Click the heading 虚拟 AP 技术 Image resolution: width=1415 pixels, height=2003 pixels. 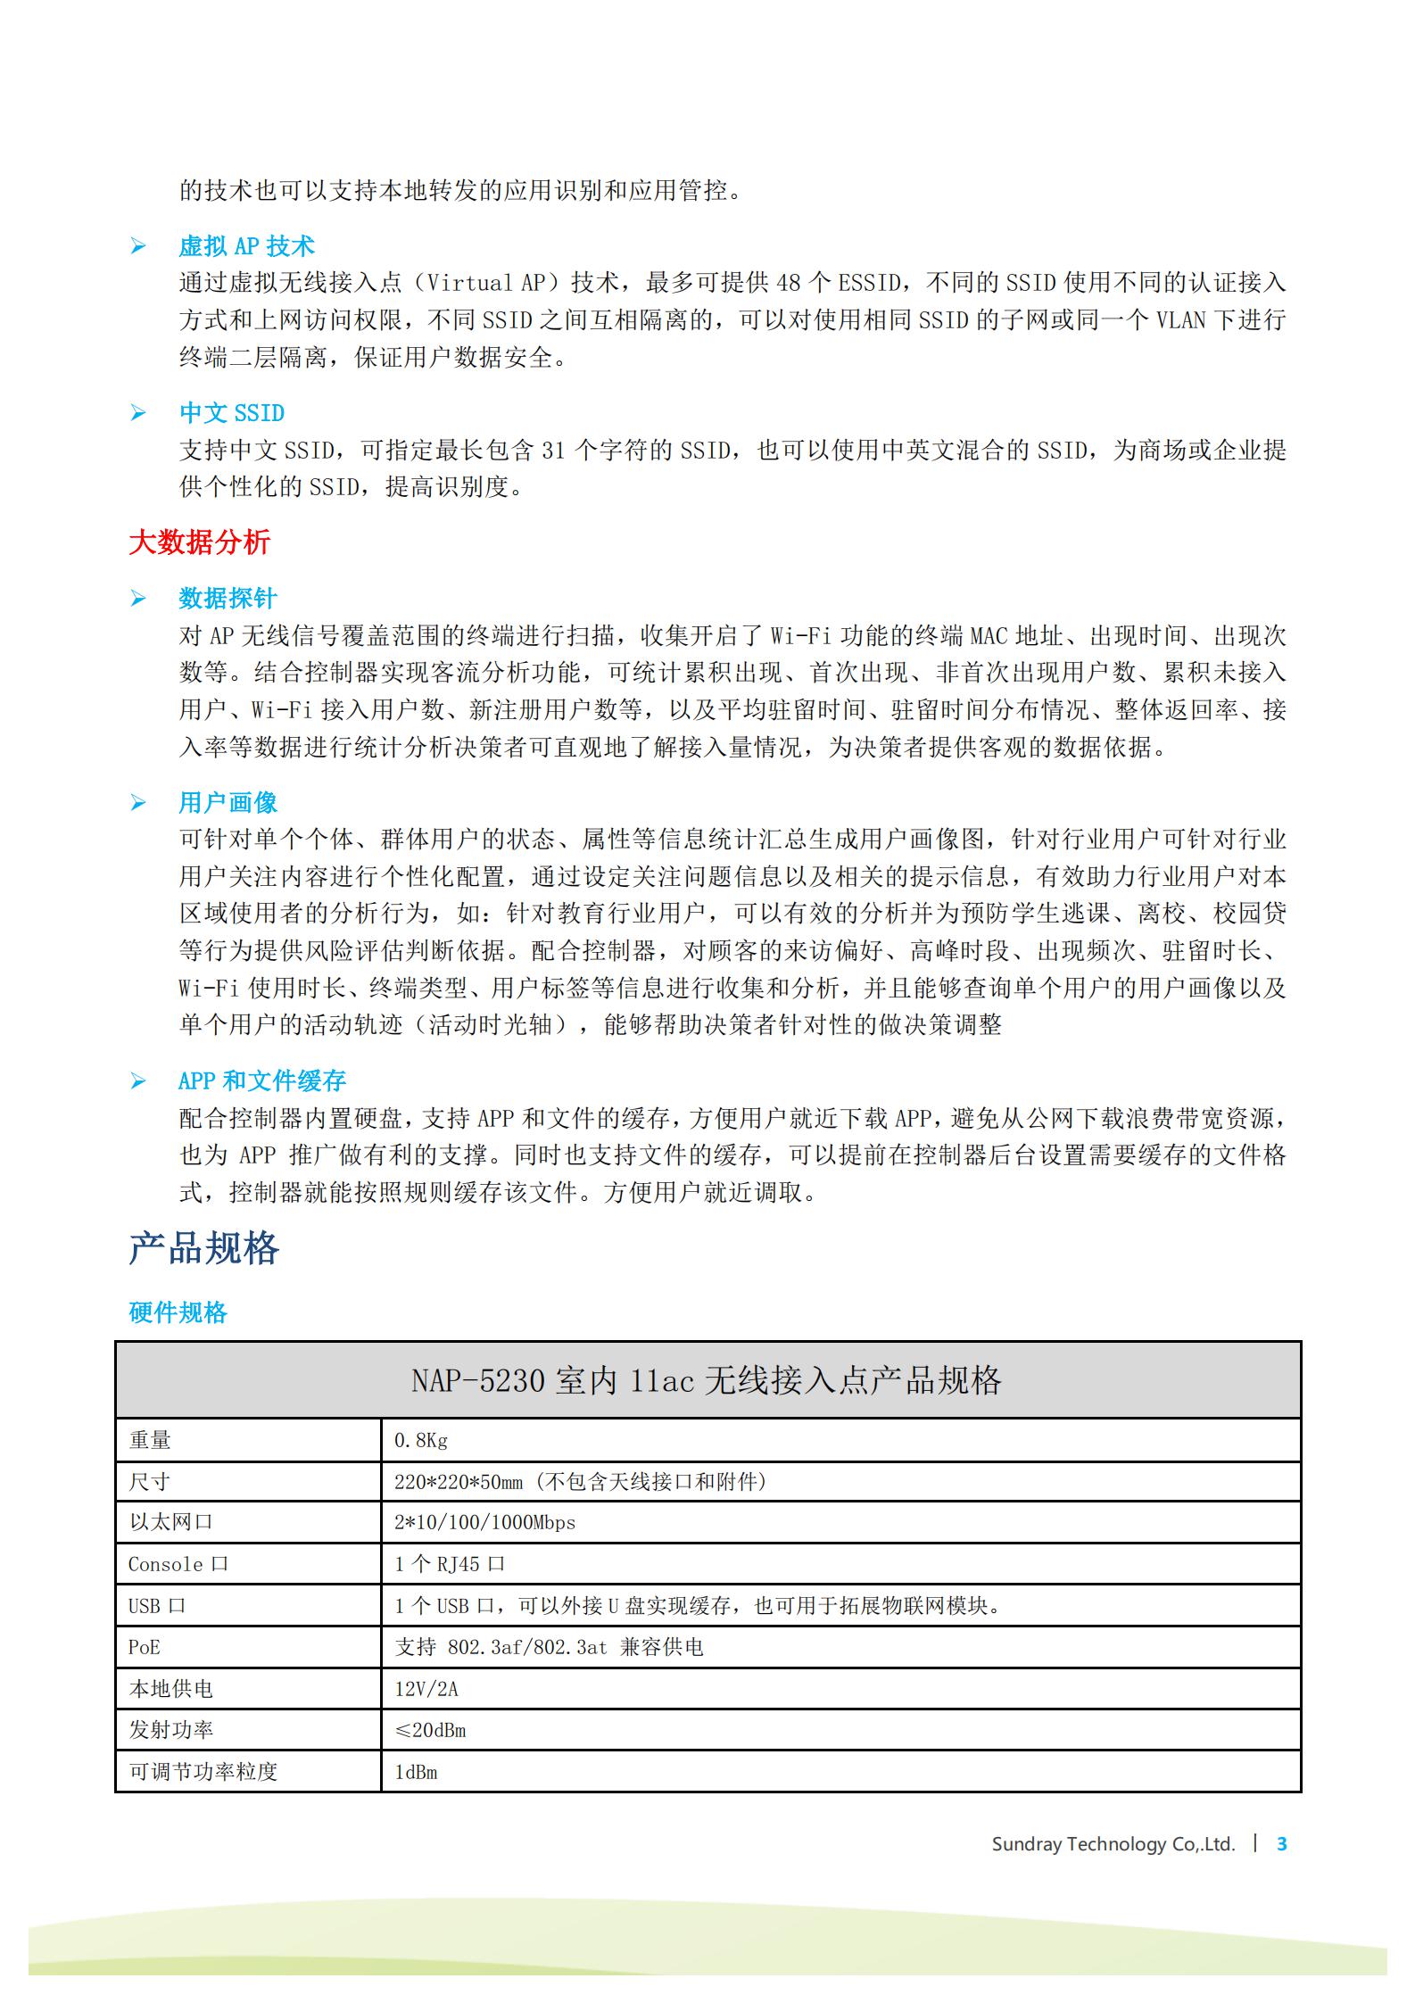tap(246, 245)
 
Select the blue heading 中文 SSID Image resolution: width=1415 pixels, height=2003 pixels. tap(232, 412)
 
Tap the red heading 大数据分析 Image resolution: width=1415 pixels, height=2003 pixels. tap(199, 542)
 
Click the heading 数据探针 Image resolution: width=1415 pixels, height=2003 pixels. tap(228, 598)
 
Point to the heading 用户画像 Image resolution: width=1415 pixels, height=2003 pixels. tap(228, 802)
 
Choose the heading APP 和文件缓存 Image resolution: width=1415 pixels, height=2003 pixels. tap(261, 1080)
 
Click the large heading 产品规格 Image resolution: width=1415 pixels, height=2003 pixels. tap(204, 1248)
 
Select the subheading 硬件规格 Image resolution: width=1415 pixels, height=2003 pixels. tap(178, 1312)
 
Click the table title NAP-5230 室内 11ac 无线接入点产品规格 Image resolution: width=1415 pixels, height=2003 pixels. tap(707, 1380)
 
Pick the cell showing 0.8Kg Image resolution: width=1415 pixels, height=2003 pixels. tap(421, 1440)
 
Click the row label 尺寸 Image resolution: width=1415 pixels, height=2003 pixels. tap(149, 1482)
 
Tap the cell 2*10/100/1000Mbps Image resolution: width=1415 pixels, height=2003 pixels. tap(484, 1522)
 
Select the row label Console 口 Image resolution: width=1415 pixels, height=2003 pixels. tap(178, 1564)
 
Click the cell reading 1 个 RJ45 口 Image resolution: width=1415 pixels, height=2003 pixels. tap(450, 1564)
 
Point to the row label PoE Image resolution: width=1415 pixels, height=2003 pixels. tap(145, 1647)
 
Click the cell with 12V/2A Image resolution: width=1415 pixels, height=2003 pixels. tap(426, 1689)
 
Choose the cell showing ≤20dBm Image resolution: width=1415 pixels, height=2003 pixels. tap(430, 1730)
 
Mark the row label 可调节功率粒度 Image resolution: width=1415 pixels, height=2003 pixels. tap(203, 1771)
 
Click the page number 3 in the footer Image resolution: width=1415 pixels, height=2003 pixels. tap(1282, 1862)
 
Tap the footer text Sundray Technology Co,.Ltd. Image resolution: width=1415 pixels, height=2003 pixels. tap(1113, 1862)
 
